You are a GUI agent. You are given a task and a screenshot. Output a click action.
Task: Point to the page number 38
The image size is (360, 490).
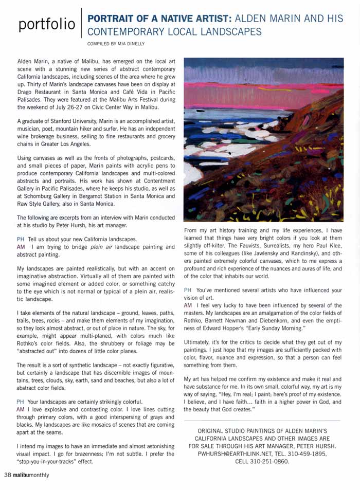(x=8, y=475)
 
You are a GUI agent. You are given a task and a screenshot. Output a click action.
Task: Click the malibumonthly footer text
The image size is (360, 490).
(x=31, y=475)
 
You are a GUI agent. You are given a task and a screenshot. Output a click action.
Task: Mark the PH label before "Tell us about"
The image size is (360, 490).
(x=21, y=239)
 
